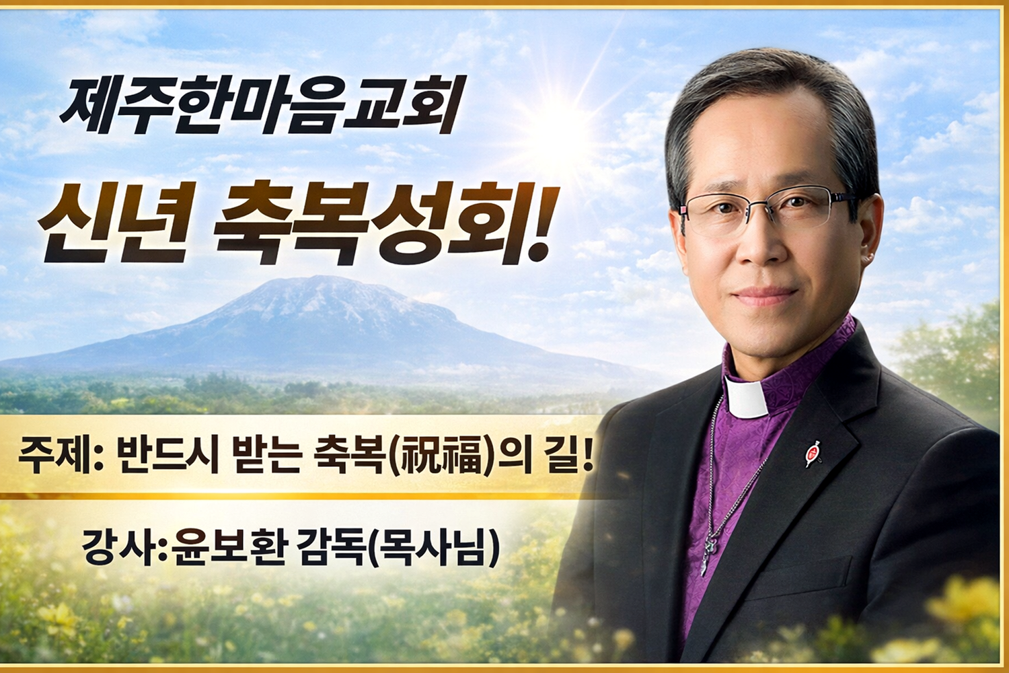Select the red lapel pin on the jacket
tap(813, 453)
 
